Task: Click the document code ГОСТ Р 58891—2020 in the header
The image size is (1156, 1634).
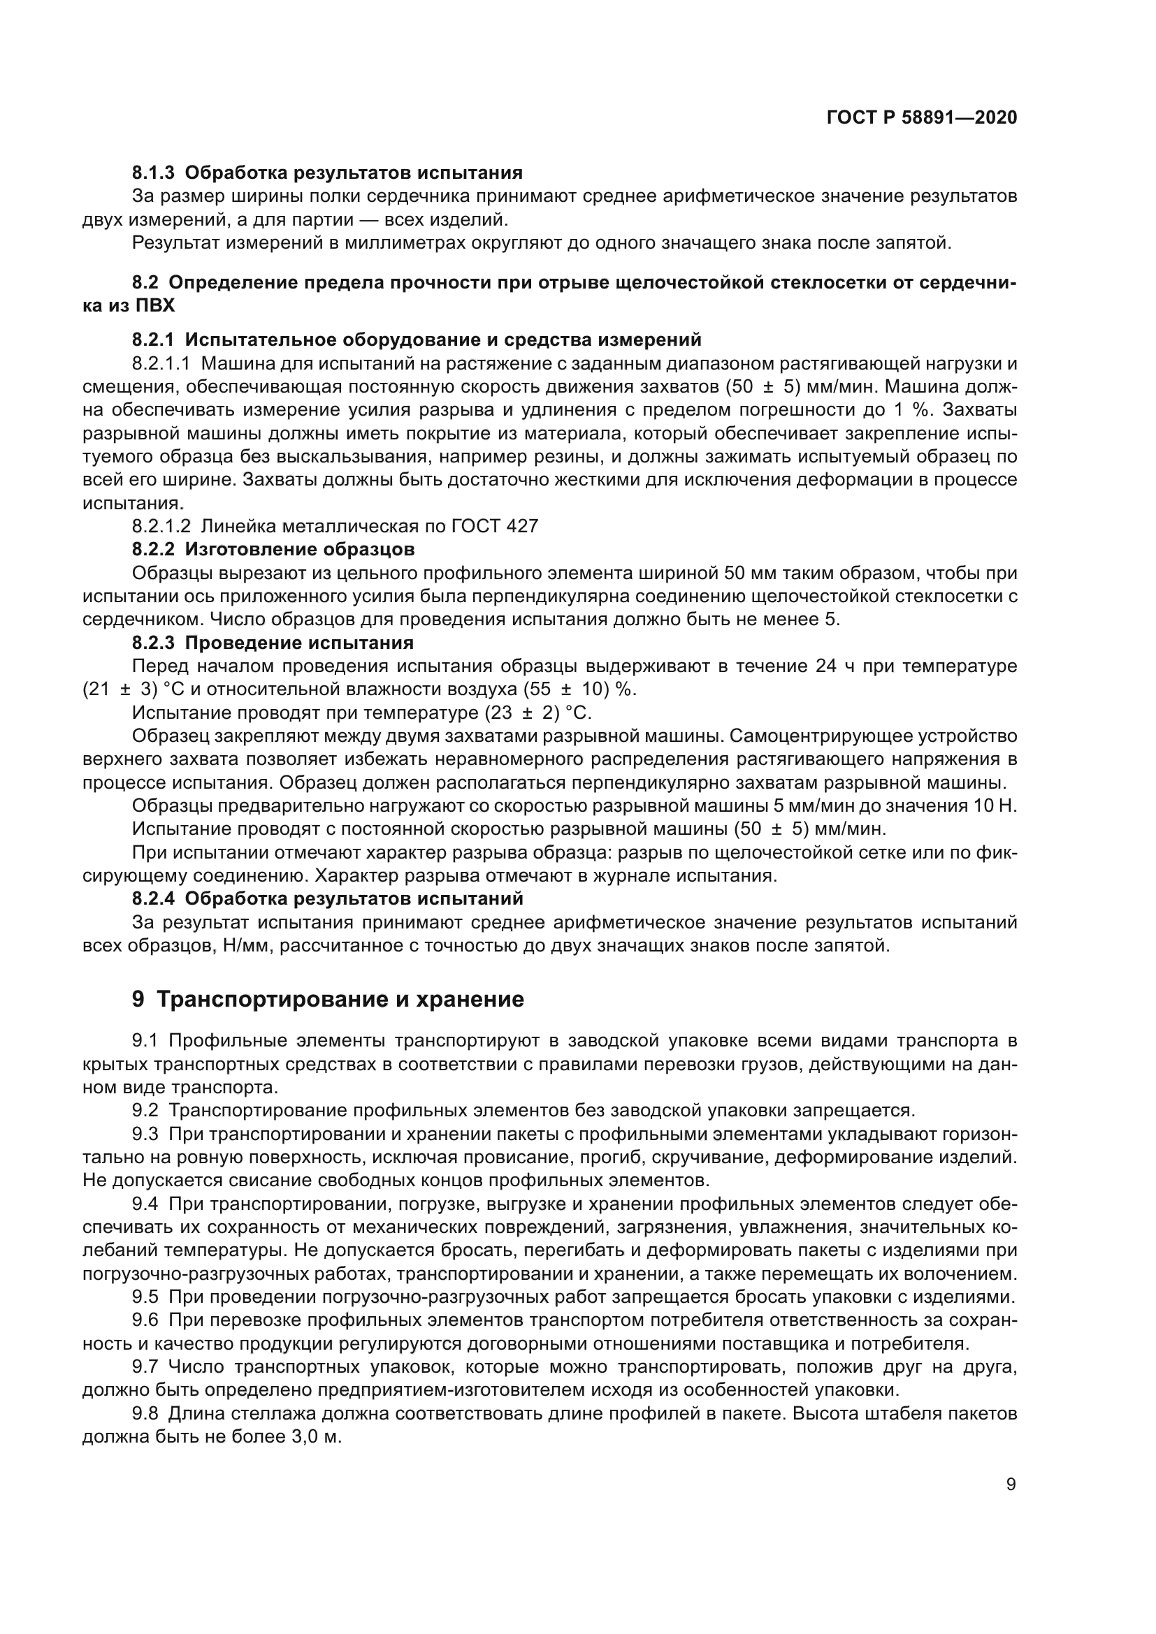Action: pos(921,117)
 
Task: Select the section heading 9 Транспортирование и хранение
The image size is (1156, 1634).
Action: pos(328,999)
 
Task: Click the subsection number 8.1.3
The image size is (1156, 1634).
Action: pos(153,173)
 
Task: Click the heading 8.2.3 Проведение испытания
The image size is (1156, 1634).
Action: pos(273,643)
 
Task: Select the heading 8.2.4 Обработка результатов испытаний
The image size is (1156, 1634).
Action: pos(327,898)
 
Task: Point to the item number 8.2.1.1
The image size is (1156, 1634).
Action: pos(161,364)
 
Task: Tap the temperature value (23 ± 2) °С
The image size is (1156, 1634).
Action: pos(538,713)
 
